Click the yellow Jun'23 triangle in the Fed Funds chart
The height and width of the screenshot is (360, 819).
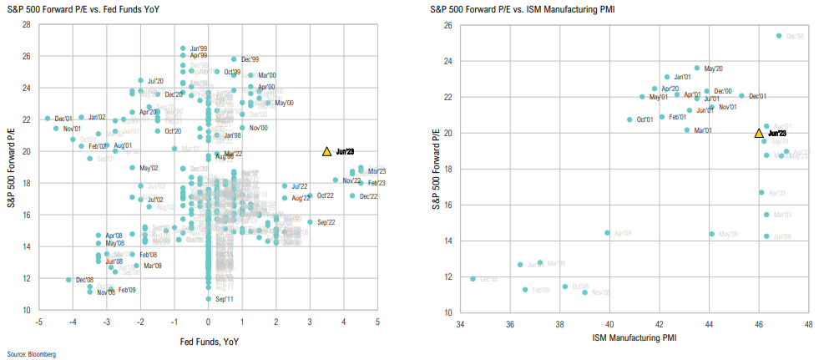(326, 151)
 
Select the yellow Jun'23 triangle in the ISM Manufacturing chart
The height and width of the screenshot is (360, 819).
(759, 133)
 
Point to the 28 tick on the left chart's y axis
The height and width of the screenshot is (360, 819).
(28, 24)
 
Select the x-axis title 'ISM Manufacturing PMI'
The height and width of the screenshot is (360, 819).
(634, 338)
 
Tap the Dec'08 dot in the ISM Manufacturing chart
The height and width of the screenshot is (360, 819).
(473, 279)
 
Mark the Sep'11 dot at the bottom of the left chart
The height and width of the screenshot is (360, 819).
(209, 298)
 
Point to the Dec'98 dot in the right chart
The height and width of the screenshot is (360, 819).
(779, 36)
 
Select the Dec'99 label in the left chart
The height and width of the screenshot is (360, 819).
(250, 59)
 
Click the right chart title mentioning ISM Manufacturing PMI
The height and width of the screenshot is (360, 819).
(532, 8)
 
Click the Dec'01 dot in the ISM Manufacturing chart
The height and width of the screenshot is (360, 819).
(741, 96)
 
